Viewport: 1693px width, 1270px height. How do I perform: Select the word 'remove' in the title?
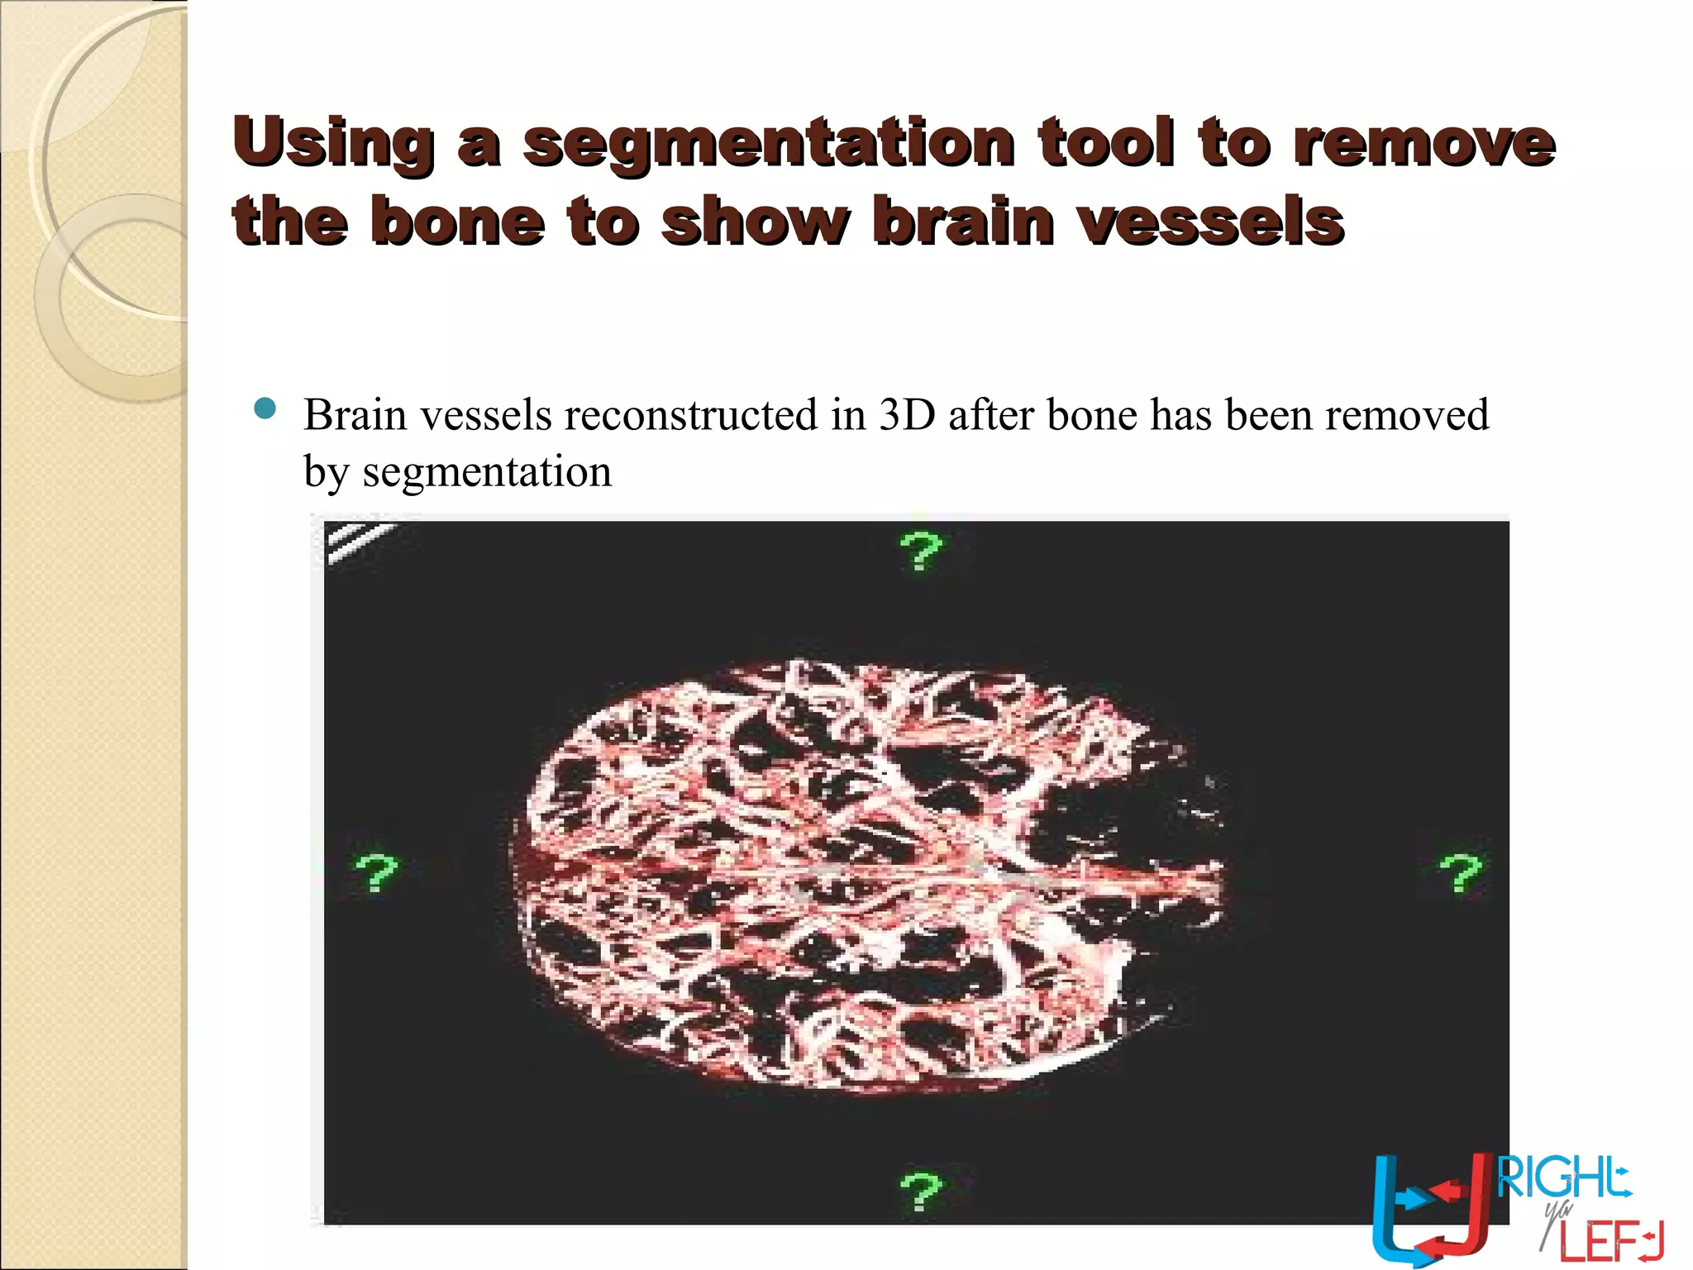[1424, 142]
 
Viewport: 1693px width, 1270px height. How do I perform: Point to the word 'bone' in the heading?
[458, 221]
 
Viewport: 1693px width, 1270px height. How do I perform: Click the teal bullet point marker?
[265, 408]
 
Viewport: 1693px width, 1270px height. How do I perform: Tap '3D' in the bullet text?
[906, 414]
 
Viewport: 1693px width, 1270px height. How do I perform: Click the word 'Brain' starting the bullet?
[355, 414]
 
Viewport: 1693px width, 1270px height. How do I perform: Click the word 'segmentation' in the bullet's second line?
[487, 472]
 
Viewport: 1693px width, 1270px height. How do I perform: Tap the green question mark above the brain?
[920, 551]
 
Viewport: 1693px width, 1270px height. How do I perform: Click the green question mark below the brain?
[920, 1191]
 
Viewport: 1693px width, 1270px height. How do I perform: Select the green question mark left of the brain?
[376, 873]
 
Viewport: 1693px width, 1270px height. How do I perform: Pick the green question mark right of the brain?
[1461, 873]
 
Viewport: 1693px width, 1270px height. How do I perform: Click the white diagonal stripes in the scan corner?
[357, 542]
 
